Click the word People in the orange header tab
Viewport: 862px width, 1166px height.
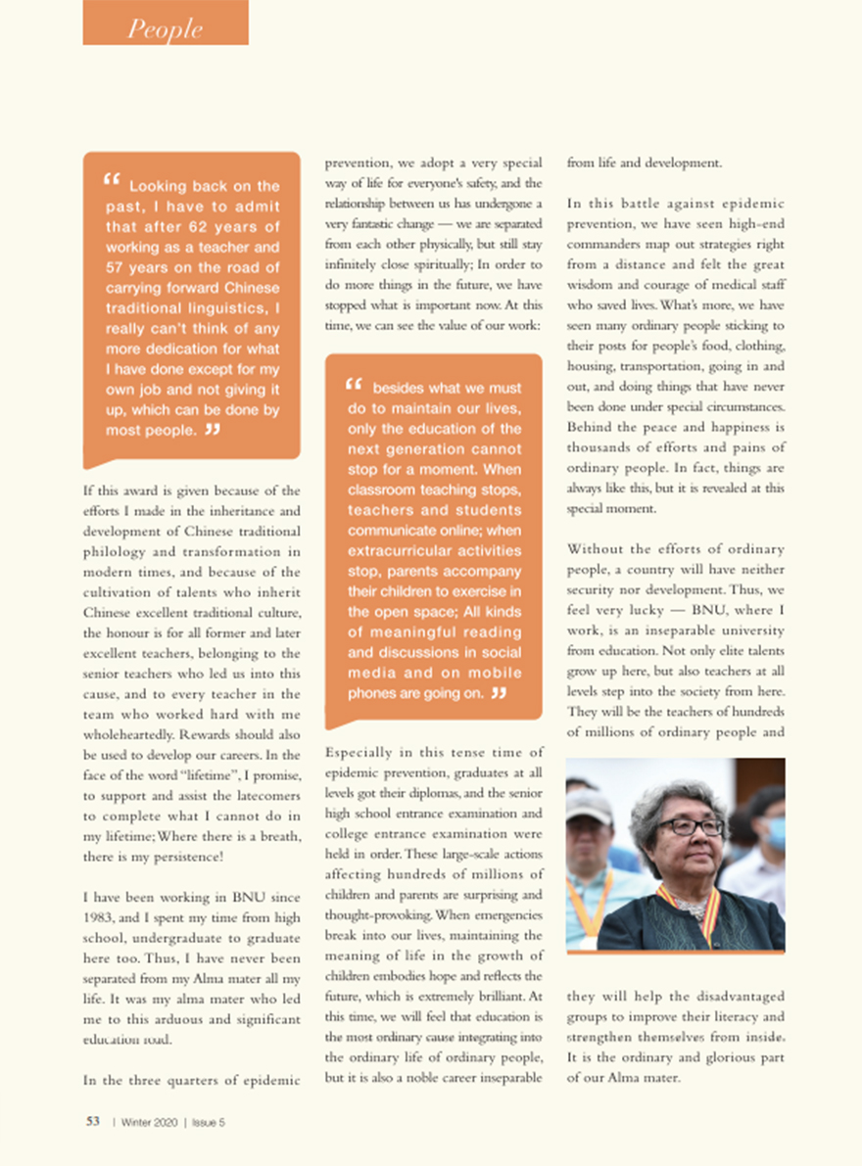pyautogui.click(x=165, y=29)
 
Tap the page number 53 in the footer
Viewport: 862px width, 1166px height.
pyautogui.click(x=93, y=1122)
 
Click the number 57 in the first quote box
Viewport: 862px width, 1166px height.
pyautogui.click(x=117, y=268)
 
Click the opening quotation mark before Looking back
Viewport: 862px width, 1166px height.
pyautogui.click(x=111, y=180)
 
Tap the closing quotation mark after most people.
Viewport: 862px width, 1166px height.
pyautogui.click(x=212, y=429)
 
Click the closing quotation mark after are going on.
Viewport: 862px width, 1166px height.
pyautogui.click(x=499, y=693)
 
